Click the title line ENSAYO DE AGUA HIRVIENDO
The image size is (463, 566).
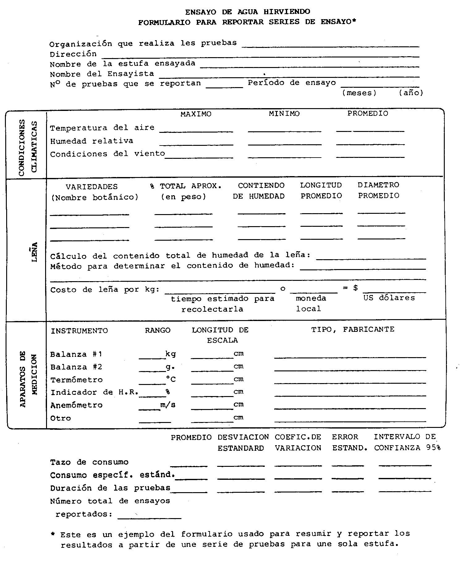pyautogui.click(x=248, y=12)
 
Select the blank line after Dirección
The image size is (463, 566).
pyautogui.click(x=260, y=57)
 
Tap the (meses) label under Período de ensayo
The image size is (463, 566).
pyautogui.click(x=359, y=93)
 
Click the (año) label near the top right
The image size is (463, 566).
pyautogui.click(x=411, y=93)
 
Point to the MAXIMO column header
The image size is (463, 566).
pyautogui.click(x=196, y=114)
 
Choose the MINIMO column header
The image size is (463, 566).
pyautogui.click(x=284, y=114)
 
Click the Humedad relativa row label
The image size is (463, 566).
pyautogui.click(x=92, y=141)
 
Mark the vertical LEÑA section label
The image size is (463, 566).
pyautogui.click(x=35, y=252)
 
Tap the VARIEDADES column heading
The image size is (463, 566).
pyautogui.click(x=92, y=187)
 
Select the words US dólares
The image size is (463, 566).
pyautogui.click(x=389, y=298)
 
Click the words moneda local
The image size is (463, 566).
pyautogui.click(x=310, y=303)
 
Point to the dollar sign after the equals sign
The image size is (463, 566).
pyautogui.click(x=355, y=288)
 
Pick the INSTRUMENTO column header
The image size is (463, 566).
pyautogui.click(x=79, y=331)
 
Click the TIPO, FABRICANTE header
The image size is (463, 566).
pyautogui.click(x=353, y=329)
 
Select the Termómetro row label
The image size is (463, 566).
pyautogui.click(x=76, y=380)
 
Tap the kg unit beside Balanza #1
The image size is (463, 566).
pyautogui.click(x=171, y=354)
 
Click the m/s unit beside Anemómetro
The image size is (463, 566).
pyautogui.click(x=168, y=405)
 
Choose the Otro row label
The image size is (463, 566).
pyautogui.click(x=61, y=418)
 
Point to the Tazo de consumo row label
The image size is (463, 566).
pyautogui.click(x=89, y=462)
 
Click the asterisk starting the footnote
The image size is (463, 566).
pyautogui.click(x=53, y=534)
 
